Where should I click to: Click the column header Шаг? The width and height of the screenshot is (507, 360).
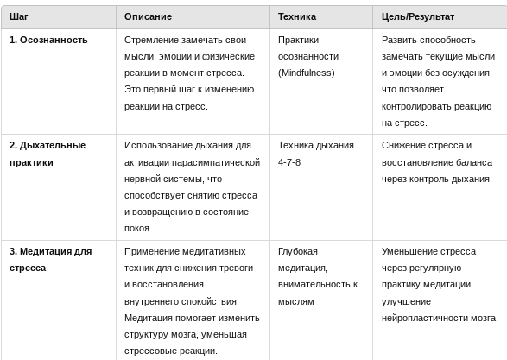[19, 16]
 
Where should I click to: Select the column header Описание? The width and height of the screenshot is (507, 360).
[148, 16]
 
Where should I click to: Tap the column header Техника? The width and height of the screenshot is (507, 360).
[297, 16]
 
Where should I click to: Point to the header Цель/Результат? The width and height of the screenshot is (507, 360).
[418, 16]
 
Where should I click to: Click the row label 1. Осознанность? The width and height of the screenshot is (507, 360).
[48, 40]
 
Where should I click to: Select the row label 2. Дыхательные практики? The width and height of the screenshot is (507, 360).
[48, 154]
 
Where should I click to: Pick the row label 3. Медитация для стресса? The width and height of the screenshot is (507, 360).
[50, 260]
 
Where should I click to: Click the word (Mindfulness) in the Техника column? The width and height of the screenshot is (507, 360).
[306, 73]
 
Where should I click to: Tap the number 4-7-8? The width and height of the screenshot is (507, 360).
[289, 162]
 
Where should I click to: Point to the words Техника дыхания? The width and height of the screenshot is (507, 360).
[316, 145]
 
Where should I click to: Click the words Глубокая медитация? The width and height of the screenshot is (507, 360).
[298, 260]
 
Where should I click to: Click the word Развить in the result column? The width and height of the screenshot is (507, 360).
[398, 40]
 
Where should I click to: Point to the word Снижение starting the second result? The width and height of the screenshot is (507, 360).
[404, 145]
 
